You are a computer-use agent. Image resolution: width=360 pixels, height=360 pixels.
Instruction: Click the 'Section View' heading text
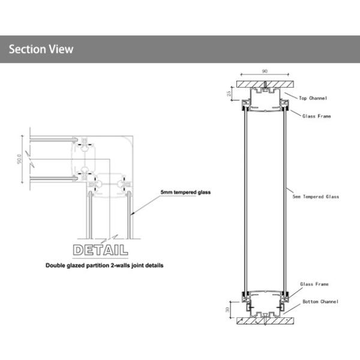click(41, 49)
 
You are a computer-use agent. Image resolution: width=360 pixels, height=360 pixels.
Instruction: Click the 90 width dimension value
click(265, 71)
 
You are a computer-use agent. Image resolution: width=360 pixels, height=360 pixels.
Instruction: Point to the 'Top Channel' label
click(315, 97)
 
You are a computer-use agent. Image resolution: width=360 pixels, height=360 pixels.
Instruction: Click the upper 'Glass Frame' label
click(316, 116)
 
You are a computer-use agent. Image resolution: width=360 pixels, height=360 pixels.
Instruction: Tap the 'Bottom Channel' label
click(320, 301)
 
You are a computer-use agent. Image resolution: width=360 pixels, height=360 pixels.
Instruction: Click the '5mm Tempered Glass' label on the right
click(315, 196)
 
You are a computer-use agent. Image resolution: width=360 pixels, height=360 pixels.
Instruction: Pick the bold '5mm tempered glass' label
click(185, 193)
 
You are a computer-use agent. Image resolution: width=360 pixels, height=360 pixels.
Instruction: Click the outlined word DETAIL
click(100, 249)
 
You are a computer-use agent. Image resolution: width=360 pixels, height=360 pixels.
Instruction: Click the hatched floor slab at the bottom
click(265, 321)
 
